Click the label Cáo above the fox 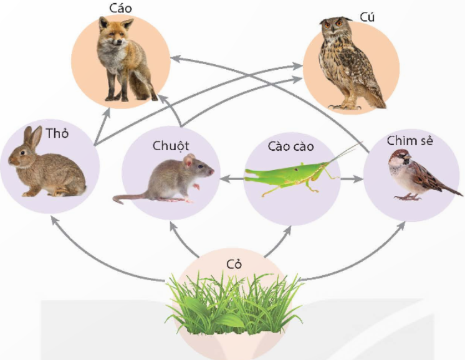pyautogui.click(x=120, y=8)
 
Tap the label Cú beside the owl pyautogui.click(x=367, y=17)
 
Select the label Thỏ pyautogui.click(x=57, y=133)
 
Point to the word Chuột pyautogui.click(x=171, y=146)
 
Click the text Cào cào pyautogui.click(x=290, y=146)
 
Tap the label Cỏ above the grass pyautogui.click(x=234, y=263)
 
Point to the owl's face pyautogui.click(x=335, y=26)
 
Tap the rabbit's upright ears pyautogui.click(x=32, y=137)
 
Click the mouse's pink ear pyautogui.click(x=189, y=160)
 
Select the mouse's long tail pyautogui.click(x=130, y=198)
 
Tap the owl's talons pyautogui.click(x=345, y=107)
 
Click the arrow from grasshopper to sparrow pyautogui.click(x=352, y=179)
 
